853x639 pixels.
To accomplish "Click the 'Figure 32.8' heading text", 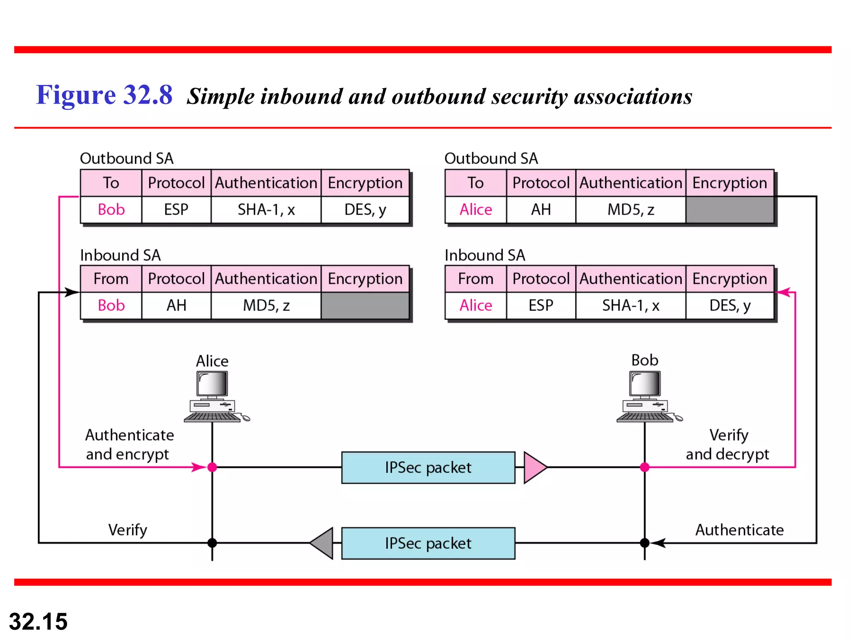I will pyautogui.click(x=104, y=95).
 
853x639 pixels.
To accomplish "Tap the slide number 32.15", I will pyautogui.click(x=38, y=622).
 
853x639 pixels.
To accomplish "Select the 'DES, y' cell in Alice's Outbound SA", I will pyautogui.click(x=365, y=210).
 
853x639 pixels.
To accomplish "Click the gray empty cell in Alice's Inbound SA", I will pyautogui.click(x=365, y=306).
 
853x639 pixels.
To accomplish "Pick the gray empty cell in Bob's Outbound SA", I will pyautogui.click(x=730, y=210).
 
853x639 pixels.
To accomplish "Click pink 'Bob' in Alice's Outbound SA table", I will pyautogui.click(x=111, y=210).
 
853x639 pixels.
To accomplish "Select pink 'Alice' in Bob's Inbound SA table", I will pyautogui.click(x=476, y=306).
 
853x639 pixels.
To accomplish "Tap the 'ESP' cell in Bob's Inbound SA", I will pyautogui.click(x=541, y=306).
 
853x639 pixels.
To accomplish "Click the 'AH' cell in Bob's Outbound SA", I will pyautogui.click(x=541, y=210).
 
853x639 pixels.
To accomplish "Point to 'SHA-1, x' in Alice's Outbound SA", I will pyautogui.click(x=266, y=210).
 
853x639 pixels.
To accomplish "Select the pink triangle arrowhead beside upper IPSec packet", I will pyautogui.click(x=534, y=468).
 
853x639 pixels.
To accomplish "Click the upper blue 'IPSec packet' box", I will pyautogui.click(x=428, y=468).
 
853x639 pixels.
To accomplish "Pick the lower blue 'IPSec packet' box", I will pyautogui.click(x=428, y=543).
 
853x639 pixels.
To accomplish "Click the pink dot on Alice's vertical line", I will pyautogui.click(x=212, y=467).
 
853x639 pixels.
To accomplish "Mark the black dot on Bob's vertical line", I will pyautogui.click(x=645, y=543).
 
